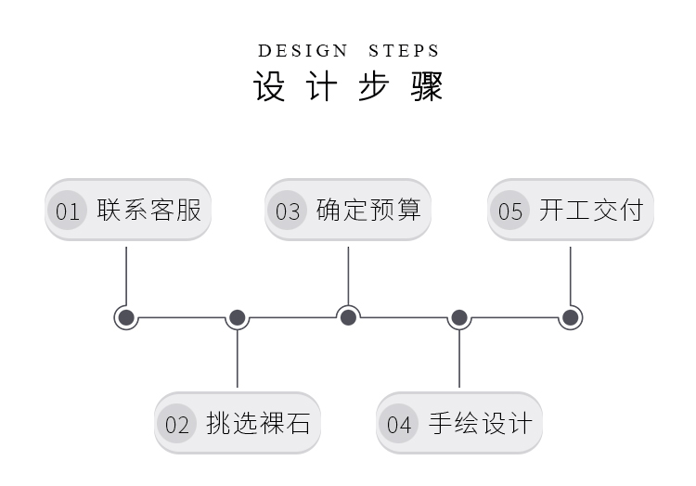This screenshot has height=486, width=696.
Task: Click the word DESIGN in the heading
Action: click(x=303, y=51)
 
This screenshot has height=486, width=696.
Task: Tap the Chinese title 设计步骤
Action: click(x=348, y=86)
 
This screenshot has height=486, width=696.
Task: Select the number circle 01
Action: click(x=67, y=211)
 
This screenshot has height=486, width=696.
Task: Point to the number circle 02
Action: click(x=176, y=425)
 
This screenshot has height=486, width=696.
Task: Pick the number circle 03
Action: click(x=288, y=211)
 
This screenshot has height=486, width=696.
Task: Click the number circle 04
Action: click(x=398, y=425)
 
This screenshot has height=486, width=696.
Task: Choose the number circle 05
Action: click(x=510, y=211)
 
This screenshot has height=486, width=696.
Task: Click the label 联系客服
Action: click(x=148, y=210)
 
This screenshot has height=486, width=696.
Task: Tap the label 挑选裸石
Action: click(x=259, y=424)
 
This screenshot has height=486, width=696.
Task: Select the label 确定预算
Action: click(x=368, y=210)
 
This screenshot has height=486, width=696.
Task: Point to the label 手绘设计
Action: click(x=481, y=424)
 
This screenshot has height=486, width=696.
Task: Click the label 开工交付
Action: click(x=590, y=210)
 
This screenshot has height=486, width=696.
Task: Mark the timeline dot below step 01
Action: click(x=126, y=318)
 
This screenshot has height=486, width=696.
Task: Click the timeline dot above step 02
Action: click(x=237, y=318)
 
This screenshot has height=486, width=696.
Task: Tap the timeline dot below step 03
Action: click(x=348, y=318)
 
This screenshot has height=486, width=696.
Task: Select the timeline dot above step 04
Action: click(x=459, y=318)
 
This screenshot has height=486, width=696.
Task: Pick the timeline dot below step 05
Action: click(x=571, y=318)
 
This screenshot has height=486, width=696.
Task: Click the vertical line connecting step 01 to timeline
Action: click(x=126, y=274)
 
